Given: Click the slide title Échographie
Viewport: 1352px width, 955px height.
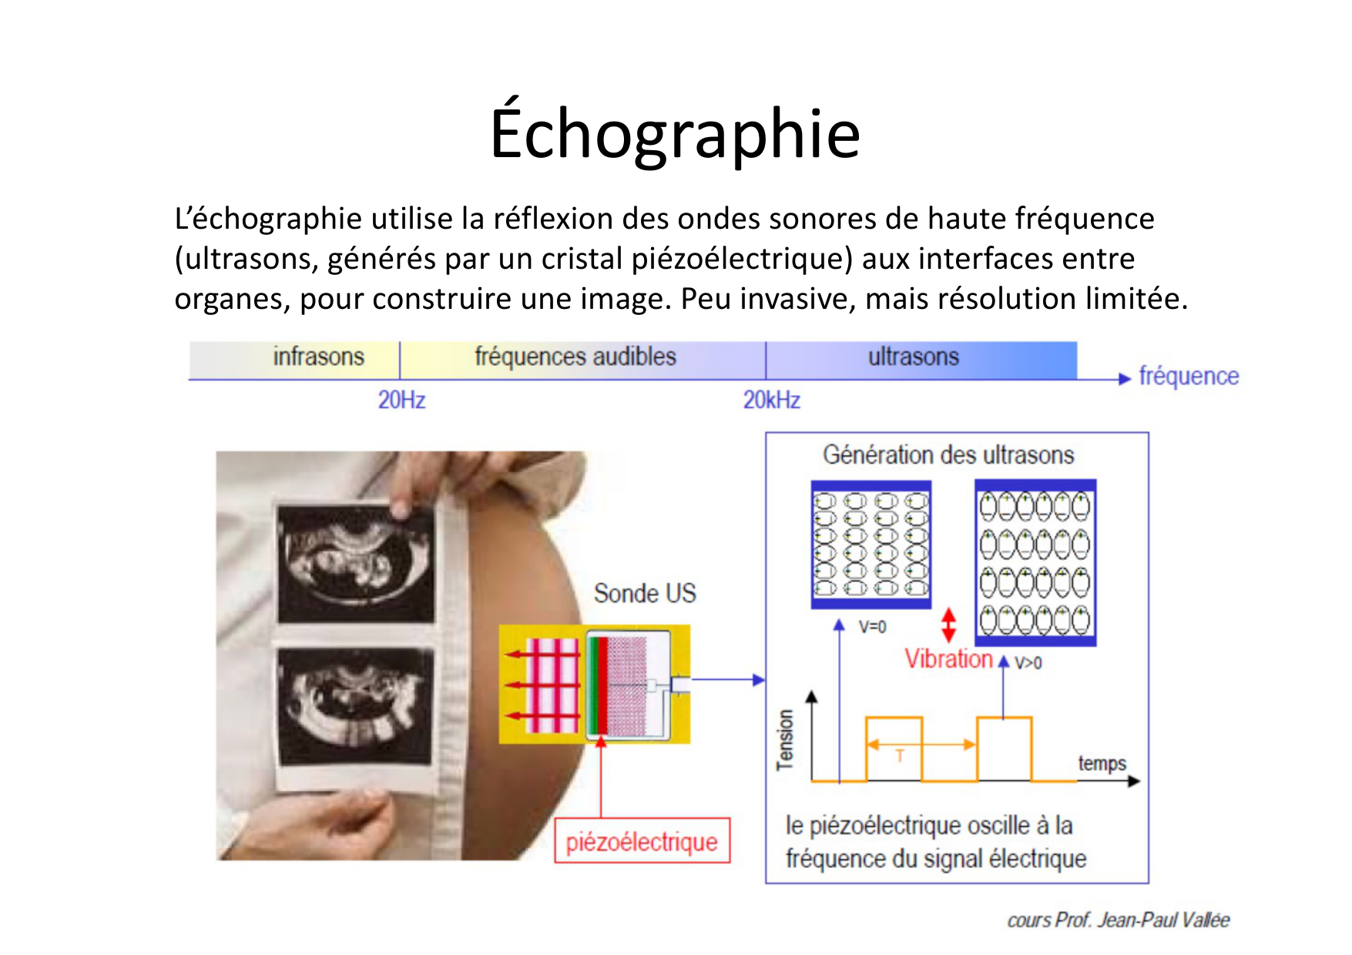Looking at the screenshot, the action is click(675, 132).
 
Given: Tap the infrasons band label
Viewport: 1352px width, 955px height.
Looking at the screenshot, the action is click(318, 357).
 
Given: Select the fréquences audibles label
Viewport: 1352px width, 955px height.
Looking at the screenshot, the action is click(575, 357).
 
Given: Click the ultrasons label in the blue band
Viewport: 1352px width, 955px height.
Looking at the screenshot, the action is click(914, 357).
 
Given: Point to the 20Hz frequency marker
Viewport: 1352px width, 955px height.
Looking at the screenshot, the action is click(401, 400).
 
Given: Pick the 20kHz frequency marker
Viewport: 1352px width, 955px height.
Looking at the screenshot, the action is click(772, 400).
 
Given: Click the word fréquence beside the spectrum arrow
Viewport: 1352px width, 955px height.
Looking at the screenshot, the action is click(1189, 376).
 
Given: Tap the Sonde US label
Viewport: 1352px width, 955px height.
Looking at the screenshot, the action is click(645, 593).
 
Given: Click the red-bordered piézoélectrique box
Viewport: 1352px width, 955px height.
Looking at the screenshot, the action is click(642, 840).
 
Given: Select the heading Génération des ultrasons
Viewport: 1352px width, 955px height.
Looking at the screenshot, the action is click(948, 454).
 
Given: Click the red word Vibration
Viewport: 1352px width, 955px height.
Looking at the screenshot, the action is click(948, 658).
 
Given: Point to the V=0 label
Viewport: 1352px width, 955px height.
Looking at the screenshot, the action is click(872, 627).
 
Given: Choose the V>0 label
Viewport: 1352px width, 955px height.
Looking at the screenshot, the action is click(1028, 662).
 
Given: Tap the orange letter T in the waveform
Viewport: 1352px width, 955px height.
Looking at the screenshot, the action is click(900, 756).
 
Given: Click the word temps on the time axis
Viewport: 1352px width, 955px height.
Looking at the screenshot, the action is click(1102, 763).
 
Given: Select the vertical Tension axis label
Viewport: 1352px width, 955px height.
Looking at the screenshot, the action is click(784, 739).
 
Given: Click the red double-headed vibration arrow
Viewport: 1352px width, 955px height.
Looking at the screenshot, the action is click(948, 625).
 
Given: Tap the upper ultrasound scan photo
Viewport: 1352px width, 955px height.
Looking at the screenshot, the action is click(355, 564).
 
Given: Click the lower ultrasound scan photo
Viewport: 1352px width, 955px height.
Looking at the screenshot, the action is click(354, 707).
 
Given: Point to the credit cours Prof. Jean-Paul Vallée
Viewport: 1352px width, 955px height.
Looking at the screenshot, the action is click(1119, 920).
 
